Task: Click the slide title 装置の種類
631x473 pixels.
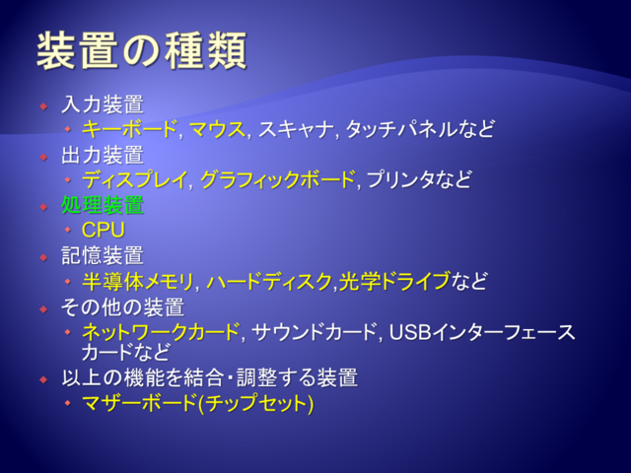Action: [141, 51]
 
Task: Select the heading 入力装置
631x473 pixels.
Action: [103, 104]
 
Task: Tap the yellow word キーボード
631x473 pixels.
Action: [129, 129]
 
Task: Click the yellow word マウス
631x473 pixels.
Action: [217, 129]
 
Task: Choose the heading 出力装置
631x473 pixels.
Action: [103, 156]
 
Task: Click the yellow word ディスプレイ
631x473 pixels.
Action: [134, 179]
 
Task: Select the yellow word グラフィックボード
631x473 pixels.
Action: [277, 179]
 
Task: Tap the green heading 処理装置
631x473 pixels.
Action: [103, 205]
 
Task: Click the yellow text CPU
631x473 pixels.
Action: [104, 230]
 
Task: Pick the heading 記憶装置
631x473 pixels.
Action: [103, 256]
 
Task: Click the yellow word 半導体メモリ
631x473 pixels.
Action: [138, 281]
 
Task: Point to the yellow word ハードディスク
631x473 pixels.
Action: [269, 281]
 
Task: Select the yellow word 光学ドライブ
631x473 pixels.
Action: [394, 281]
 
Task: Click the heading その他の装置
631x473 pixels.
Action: [122, 307]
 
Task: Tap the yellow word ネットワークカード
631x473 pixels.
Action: [161, 332]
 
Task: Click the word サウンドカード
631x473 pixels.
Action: [314, 332]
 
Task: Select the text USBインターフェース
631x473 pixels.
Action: [482, 332]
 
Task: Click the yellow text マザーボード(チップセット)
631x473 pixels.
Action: [197, 403]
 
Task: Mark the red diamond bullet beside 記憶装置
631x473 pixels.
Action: [43, 257]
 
